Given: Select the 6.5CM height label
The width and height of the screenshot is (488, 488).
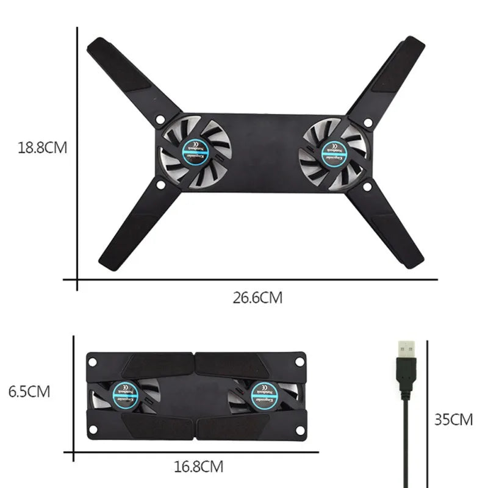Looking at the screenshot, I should pos(29,391).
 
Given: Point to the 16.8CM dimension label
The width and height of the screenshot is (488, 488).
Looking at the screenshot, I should pos(198,467).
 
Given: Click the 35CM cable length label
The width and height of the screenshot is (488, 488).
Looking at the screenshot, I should pos(453,419).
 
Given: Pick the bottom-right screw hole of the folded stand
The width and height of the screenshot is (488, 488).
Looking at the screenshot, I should pos(298,429).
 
